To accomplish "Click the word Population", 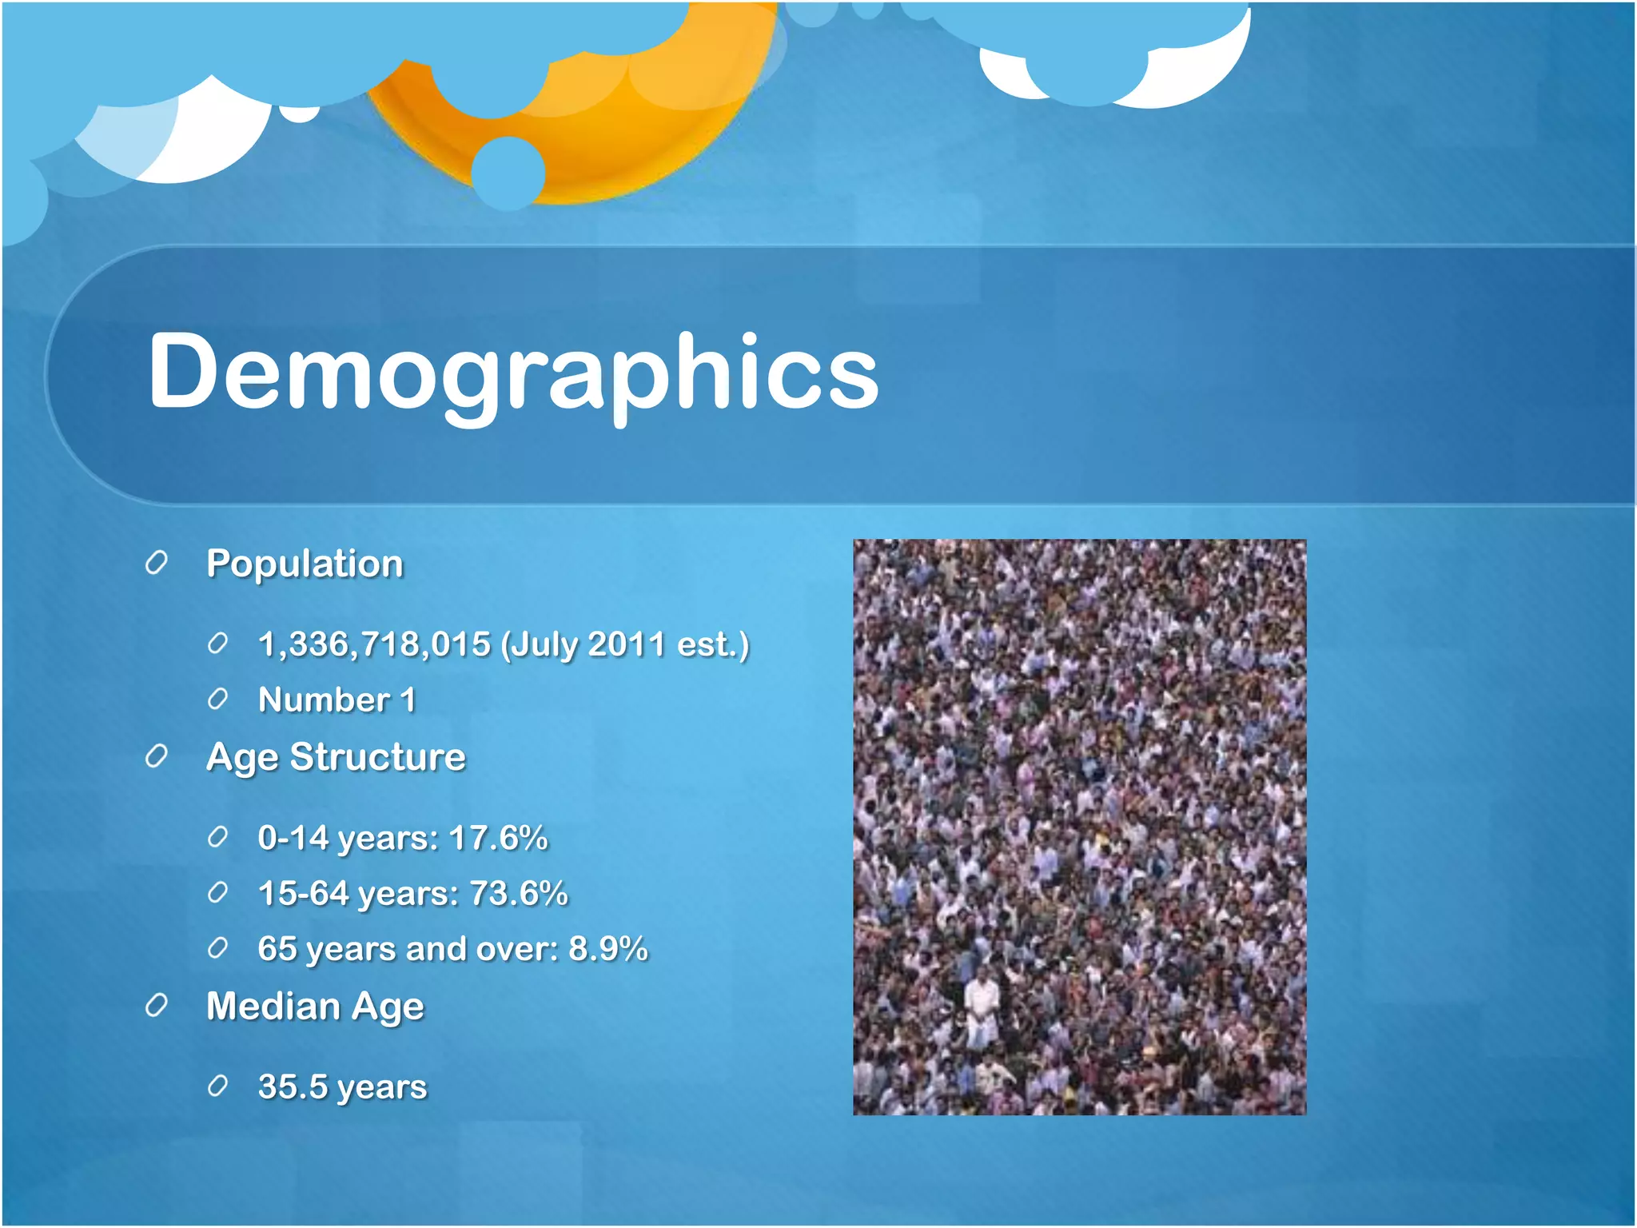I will click(x=305, y=564).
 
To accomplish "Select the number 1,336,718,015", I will click(x=374, y=644).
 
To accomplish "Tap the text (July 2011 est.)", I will click(x=625, y=644).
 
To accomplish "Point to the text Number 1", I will click(x=337, y=700).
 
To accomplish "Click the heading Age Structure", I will click(x=336, y=757).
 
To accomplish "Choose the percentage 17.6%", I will click(x=498, y=838).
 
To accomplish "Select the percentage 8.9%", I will click(x=607, y=949).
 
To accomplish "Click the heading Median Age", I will click(x=315, y=1007).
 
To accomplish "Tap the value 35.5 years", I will click(x=342, y=1086).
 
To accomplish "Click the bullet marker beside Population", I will click(x=157, y=563).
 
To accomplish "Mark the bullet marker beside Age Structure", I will click(x=157, y=756).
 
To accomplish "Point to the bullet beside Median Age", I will click(x=157, y=1006).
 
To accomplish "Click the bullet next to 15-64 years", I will click(x=217, y=893).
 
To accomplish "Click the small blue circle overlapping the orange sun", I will click(x=508, y=173).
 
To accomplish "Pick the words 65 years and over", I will click(x=408, y=949).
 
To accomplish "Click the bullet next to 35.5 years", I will click(x=217, y=1086).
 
